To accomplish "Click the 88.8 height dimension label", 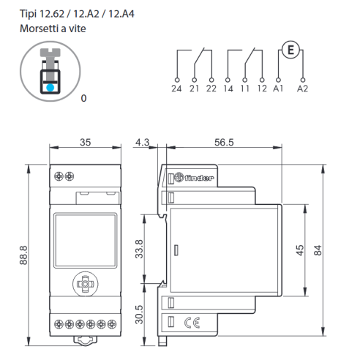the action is tap(23, 255).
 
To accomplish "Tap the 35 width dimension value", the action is tap(86, 143).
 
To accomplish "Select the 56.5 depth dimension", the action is tap(224, 143).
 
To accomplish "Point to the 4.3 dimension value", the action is tap(142, 143).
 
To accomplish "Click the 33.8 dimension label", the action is tap(139, 249).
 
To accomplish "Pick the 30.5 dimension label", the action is tap(139, 315).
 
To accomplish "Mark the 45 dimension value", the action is tap(300, 250).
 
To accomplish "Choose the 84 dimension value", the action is tap(318, 250).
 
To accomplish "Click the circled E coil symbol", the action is tap(290, 50).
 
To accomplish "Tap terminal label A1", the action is tap(278, 89).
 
